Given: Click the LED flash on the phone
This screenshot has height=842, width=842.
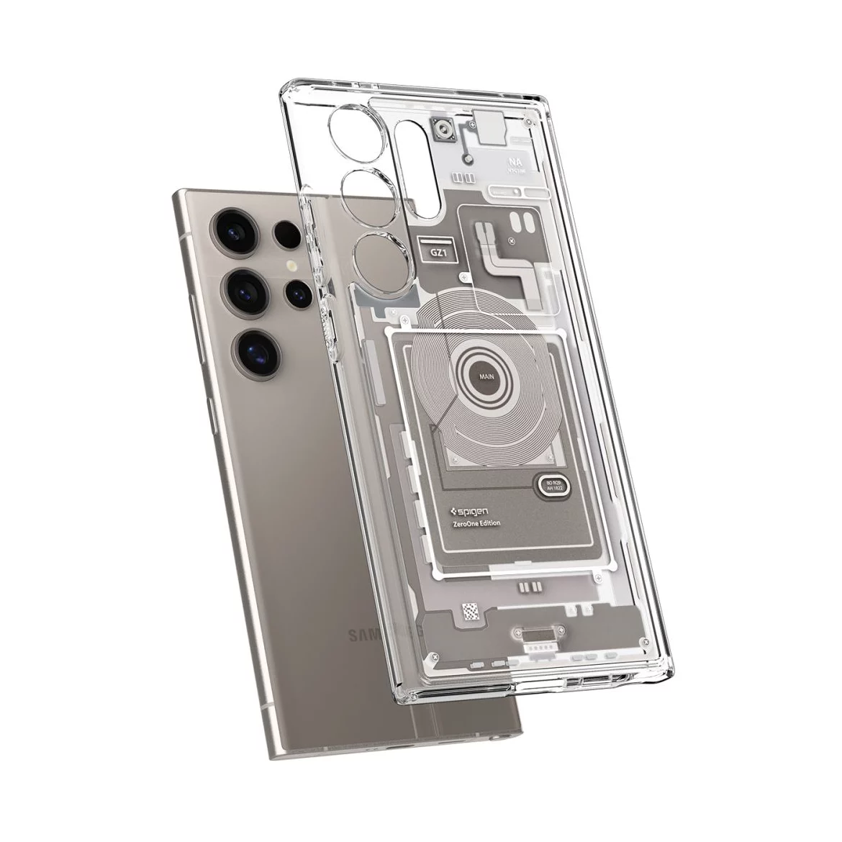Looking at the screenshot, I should click(291, 266).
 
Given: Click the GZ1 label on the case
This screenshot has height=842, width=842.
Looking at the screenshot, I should click(437, 253).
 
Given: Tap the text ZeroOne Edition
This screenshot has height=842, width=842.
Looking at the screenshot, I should click(476, 523).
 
